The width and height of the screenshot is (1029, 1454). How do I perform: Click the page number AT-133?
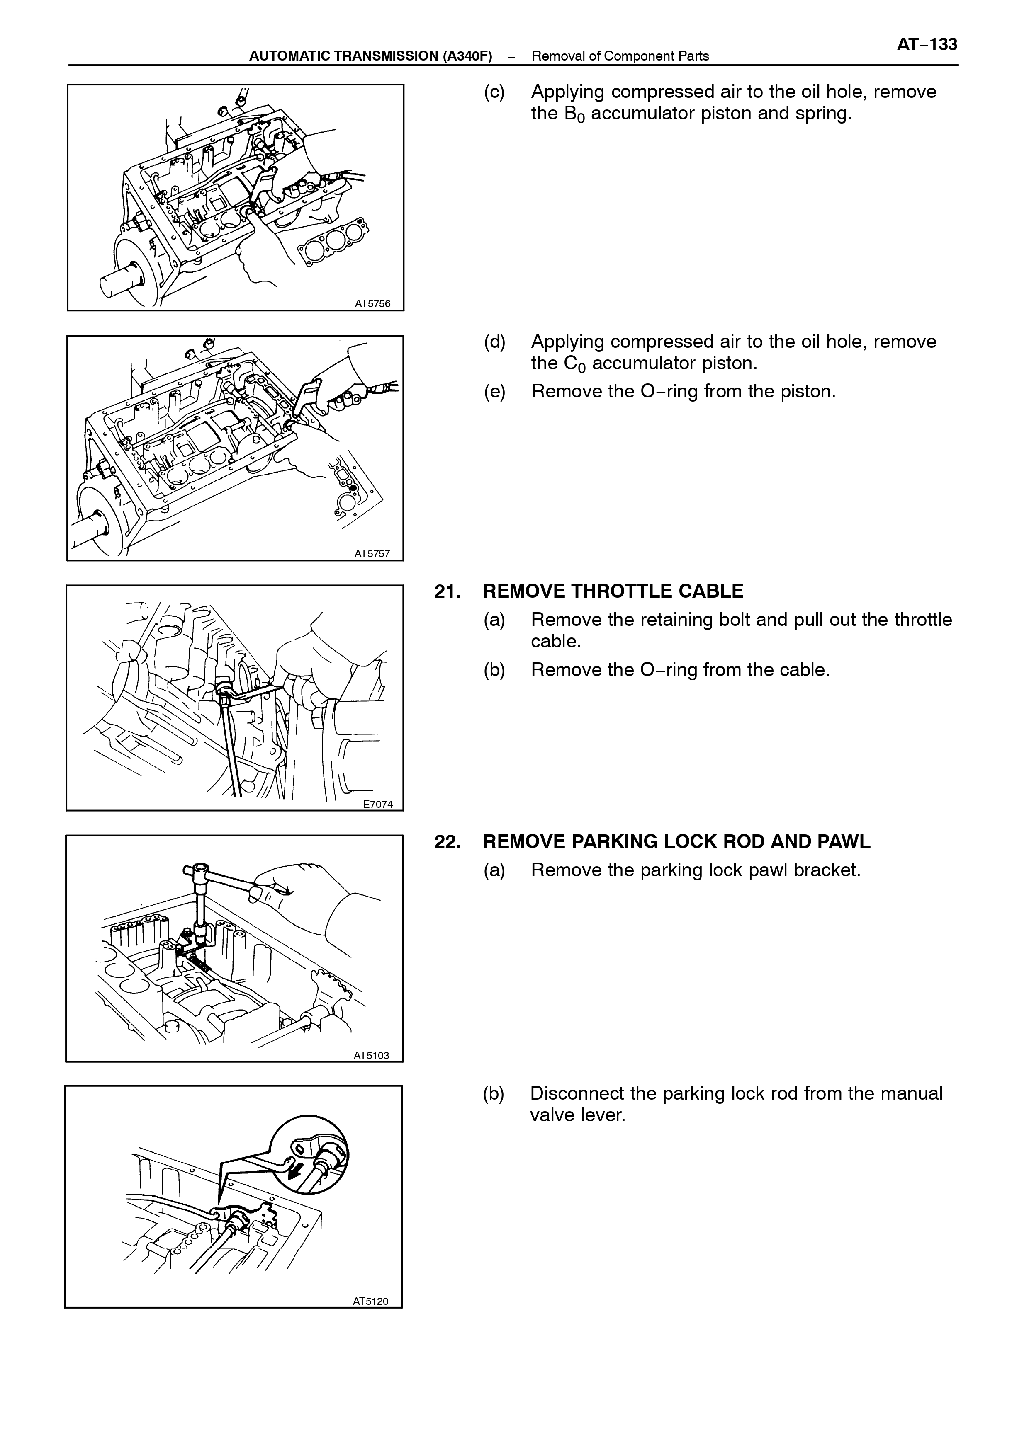tap(927, 44)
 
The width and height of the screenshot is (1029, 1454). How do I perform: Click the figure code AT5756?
tap(372, 303)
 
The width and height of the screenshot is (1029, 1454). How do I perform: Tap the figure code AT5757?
tap(372, 553)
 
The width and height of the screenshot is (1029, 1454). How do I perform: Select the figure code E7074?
tap(378, 804)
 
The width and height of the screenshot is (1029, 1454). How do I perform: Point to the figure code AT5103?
tap(371, 1055)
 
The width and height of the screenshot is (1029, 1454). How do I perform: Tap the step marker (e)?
tap(495, 391)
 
